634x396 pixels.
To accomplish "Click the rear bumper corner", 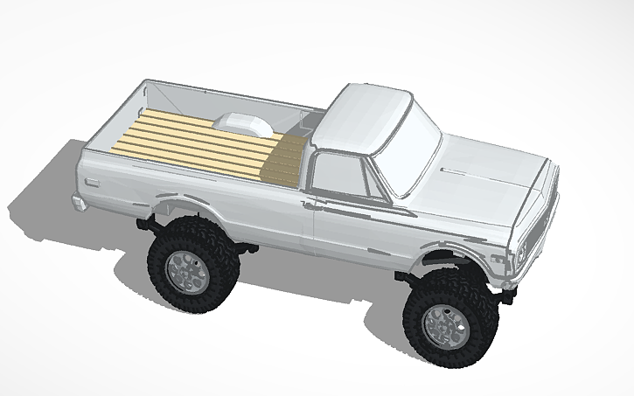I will tap(79, 203).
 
